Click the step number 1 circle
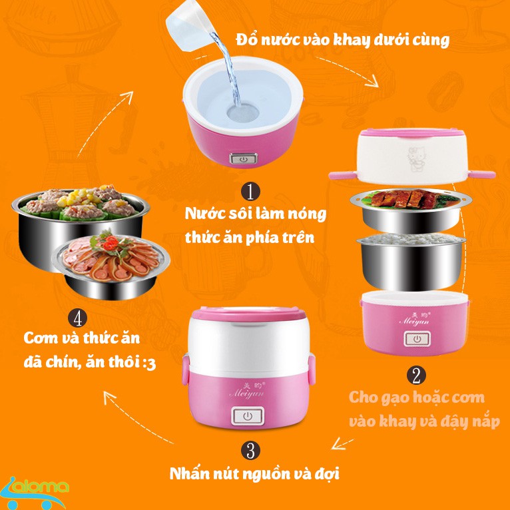point(250,191)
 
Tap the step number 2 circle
point(416,376)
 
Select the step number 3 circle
point(250,451)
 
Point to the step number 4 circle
point(78,318)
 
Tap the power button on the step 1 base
point(243,159)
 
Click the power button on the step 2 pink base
point(417,339)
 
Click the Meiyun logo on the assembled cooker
point(246,389)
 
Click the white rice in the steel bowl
point(411,239)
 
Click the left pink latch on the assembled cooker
point(186,370)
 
